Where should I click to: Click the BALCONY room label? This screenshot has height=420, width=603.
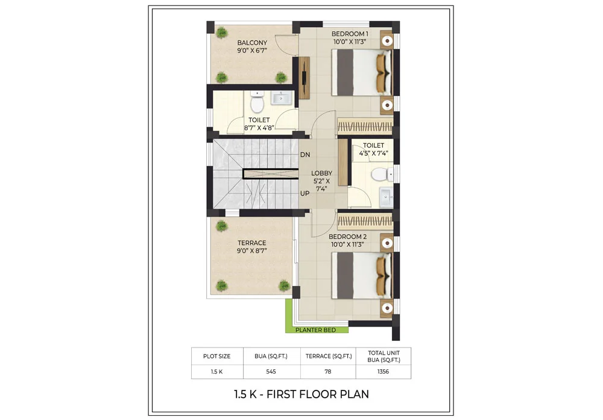pyautogui.click(x=252, y=43)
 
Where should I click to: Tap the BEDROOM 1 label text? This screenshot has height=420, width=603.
pyautogui.click(x=350, y=34)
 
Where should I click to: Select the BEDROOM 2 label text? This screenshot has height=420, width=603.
pyautogui.click(x=347, y=237)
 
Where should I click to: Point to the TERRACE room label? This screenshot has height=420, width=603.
pyautogui.click(x=251, y=243)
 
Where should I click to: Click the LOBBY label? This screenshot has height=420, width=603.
pyautogui.click(x=321, y=173)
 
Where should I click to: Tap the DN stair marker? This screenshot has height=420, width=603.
pyautogui.click(x=305, y=155)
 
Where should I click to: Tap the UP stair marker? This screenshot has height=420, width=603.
pyautogui.click(x=305, y=194)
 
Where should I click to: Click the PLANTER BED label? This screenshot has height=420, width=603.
pyautogui.click(x=317, y=330)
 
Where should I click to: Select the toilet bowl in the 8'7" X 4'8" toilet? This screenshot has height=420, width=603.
pyautogui.click(x=257, y=103)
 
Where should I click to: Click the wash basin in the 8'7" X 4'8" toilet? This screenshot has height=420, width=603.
pyautogui.click(x=281, y=98)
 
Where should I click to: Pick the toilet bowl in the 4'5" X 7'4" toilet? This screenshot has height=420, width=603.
pyautogui.click(x=380, y=175)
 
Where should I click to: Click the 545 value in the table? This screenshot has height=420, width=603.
pyautogui.click(x=273, y=371)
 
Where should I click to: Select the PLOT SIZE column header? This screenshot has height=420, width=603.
pyautogui.click(x=217, y=356)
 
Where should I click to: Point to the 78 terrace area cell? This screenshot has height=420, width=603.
pyautogui.click(x=327, y=371)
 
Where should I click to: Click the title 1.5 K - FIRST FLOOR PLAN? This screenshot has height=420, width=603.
pyautogui.click(x=301, y=395)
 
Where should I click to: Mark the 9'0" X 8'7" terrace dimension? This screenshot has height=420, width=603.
pyautogui.click(x=251, y=251)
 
